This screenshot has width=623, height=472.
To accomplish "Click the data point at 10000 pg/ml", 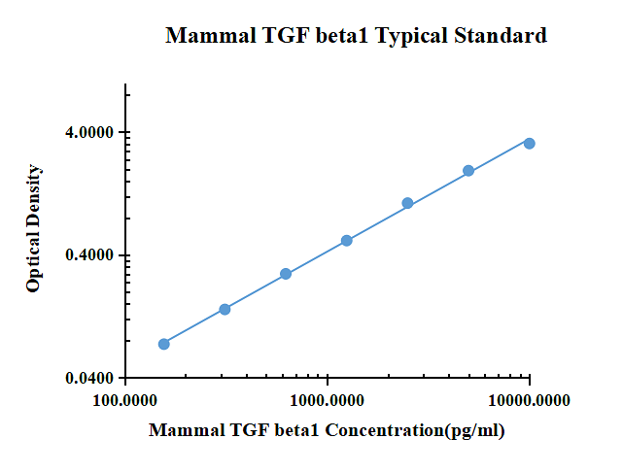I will point(530,143).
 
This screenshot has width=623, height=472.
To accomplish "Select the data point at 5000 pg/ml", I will point(468,171).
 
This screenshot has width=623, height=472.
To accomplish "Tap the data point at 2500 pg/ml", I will point(407,203).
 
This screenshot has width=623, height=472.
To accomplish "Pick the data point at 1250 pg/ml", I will point(347,240).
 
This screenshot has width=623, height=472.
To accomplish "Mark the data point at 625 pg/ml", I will point(286,274).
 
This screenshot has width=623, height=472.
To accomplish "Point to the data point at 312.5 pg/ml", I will point(225,309).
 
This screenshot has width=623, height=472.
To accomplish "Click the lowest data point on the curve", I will point(164,344).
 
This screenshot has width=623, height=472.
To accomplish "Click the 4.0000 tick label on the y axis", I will point(90,133).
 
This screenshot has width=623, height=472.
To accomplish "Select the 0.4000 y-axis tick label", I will point(90,255).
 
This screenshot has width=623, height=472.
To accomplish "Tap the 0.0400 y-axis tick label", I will point(90,378).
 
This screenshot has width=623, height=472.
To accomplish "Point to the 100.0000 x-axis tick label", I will point(125,400).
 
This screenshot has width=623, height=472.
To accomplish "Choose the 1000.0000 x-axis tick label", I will point(328,400).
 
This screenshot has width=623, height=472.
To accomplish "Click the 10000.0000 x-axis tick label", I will point(530,400).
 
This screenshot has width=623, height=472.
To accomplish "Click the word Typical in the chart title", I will point(413,37).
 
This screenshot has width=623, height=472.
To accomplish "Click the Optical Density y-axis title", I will point(34,229).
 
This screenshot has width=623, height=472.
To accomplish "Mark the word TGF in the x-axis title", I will point(231,429).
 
